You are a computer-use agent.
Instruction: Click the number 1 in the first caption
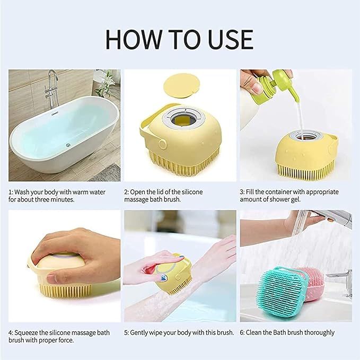(10, 192)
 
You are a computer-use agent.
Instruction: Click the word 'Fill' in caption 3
(254, 192)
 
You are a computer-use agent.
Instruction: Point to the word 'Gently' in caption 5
(142, 332)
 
